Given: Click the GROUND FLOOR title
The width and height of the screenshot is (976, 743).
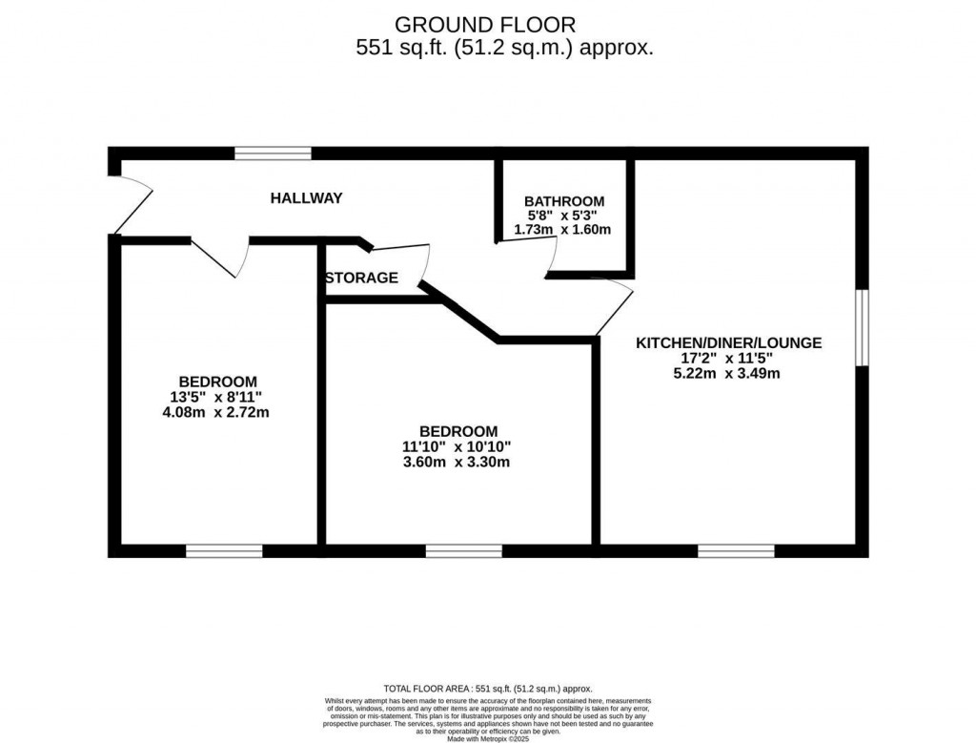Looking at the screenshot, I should pyautogui.click(x=485, y=25).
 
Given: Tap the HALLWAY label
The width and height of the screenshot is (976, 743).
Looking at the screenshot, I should pyautogui.click(x=306, y=198).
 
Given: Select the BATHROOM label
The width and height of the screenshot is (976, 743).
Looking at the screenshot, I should pyautogui.click(x=564, y=201).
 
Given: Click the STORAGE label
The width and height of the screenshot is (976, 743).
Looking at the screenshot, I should pyautogui.click(x=361, y=279).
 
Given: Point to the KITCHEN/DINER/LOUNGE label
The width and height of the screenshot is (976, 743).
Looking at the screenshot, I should pyautogui.click(x=729, y=342).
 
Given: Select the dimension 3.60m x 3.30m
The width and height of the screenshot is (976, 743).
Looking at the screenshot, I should pyautogui.click(x=456, y=463).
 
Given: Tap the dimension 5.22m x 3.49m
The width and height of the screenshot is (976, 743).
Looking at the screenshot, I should pyautogui.click(x=726, y=373).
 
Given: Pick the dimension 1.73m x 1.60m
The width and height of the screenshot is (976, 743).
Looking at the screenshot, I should pyautogui.click(x=562, y=230).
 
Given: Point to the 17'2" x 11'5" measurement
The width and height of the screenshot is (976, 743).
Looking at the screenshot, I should pyautogui.click(x=726, y=358).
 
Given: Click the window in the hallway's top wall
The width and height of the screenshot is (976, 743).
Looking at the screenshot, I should pyautogui.click(x=274, y=153).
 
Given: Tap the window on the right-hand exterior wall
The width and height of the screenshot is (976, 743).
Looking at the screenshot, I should pyautogui.click(x=862, y=327).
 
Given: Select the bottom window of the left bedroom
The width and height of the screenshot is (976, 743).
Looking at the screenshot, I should pyautogui.click(x=224, y=550).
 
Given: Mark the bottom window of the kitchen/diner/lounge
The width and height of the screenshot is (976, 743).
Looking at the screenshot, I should pyautogui.click(x=736, y=550).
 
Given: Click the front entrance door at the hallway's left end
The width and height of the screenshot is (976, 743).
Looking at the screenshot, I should pyautogui.click(x=132, y=204).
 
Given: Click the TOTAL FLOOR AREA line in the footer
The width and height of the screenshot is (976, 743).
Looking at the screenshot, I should pyautogui.click(x=487, y=688).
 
